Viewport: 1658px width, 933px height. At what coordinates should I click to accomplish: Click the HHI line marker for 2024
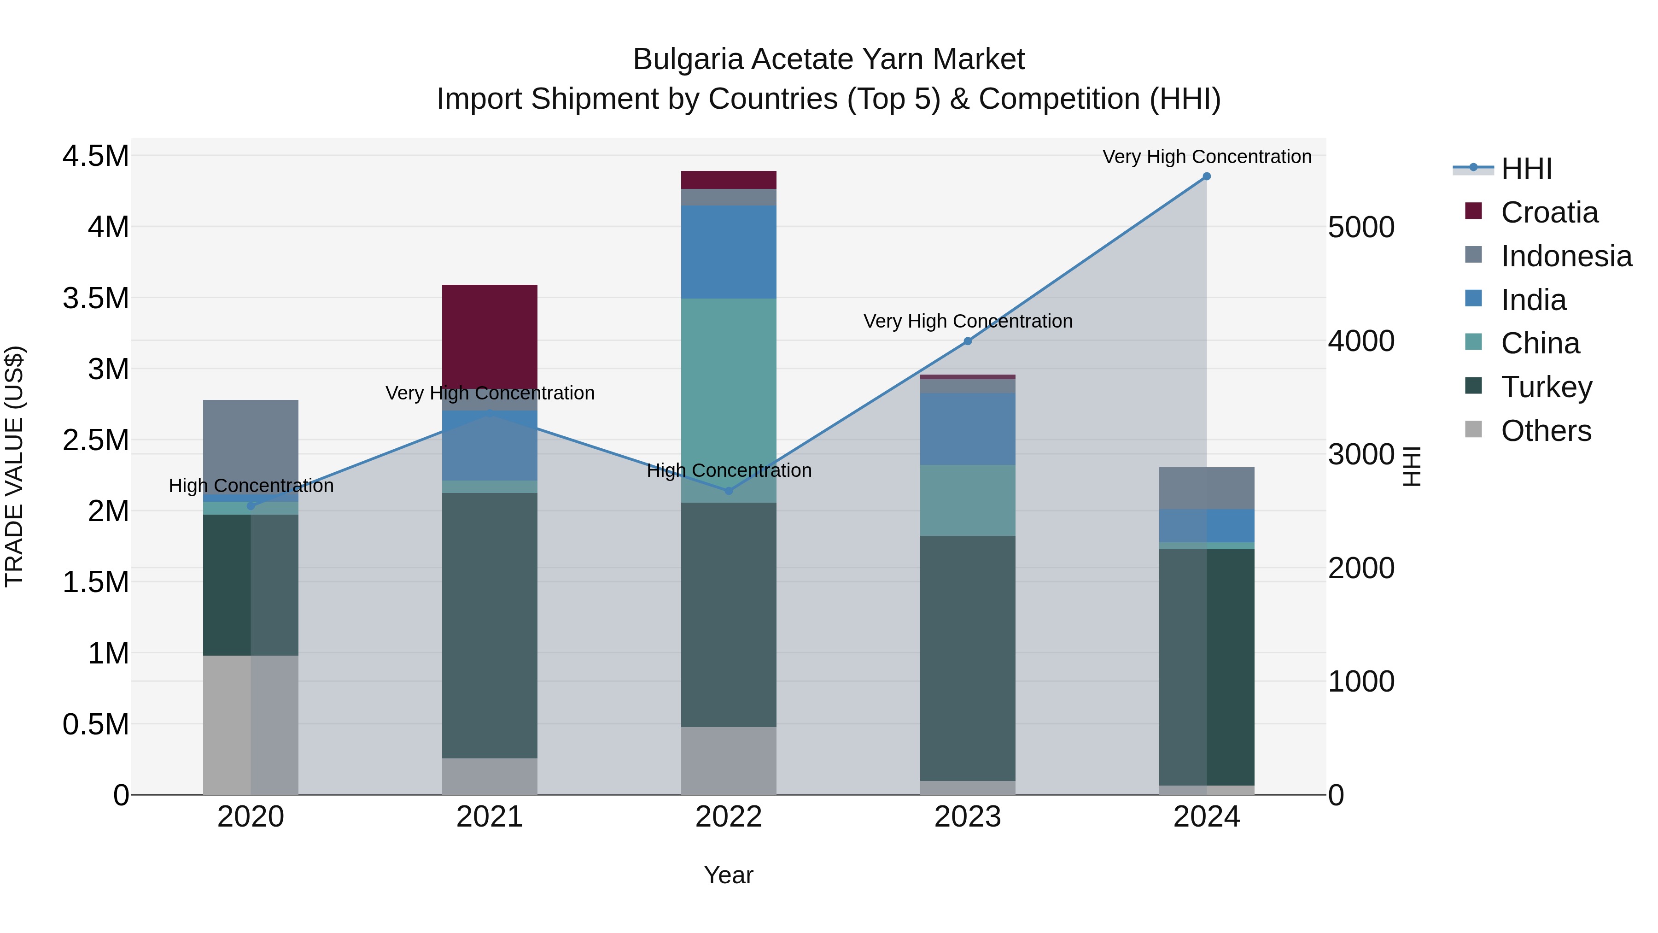[x=1206, y=176]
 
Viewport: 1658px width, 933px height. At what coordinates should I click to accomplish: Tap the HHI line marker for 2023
[x=967, y=341]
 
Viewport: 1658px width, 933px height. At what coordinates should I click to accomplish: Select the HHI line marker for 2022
[x=729, y=491]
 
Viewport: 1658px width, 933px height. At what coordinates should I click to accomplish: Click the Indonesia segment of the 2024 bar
[x=1206, y=488]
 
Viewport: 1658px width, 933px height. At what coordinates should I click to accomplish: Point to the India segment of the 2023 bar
[x=967, y=429]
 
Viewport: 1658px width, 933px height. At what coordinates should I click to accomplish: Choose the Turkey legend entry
[x=1546, y=387]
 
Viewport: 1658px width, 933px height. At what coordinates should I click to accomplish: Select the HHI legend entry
[x=1526, y=169]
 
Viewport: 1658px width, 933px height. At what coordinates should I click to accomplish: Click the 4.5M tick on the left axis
[x=95, y=156]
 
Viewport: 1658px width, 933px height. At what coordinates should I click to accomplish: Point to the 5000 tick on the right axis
[x=1361, y=227]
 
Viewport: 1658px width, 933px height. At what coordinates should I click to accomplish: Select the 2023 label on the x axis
[x=967, y=817]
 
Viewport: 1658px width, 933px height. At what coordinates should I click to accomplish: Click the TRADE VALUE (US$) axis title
[x=14, y=466]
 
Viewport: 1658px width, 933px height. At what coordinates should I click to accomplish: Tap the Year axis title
[x=729, y=875]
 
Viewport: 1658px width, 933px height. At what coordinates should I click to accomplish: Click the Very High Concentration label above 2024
[x=1206, y=157]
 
